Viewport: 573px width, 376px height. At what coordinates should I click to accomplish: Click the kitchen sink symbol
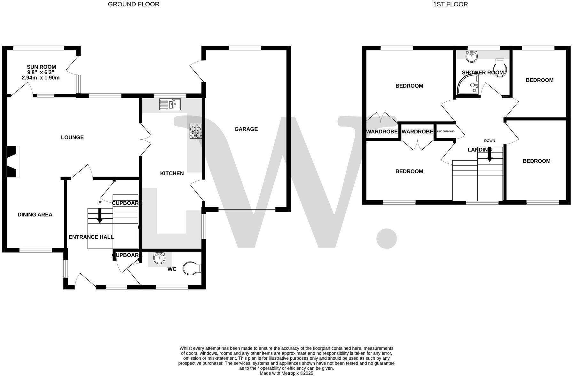pos(170,104)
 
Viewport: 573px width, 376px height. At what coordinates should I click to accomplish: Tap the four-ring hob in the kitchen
pos(196,131)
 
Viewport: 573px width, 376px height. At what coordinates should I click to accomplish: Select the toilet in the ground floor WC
pos(192,268)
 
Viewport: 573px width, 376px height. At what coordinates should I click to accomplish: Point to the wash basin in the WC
pos(159,258)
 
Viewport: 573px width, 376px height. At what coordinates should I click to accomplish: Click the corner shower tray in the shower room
pos(468,84)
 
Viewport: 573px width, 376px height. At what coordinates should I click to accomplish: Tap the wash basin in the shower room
pos(472,57)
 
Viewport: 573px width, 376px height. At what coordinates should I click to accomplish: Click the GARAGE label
pos(246,129)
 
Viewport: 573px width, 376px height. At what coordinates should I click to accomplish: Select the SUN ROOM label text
pos(41,67)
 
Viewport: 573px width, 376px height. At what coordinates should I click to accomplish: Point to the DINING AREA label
pos(35,215)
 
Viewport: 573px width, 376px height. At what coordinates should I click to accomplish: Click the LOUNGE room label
pos(72,137)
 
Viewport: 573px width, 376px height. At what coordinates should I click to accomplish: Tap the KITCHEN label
pos(172,173)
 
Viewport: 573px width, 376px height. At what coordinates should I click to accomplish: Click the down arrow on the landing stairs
pos(490,156)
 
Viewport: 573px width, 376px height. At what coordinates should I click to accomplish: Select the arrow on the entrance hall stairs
pos(100,216)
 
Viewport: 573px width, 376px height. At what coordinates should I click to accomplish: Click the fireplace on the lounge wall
pos(13,161)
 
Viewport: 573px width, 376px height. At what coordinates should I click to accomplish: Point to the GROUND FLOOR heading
pos(133,4)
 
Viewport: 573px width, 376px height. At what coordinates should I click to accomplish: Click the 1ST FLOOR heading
pos(450,4)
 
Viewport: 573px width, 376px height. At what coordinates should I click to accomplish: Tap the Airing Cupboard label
pos(445,131)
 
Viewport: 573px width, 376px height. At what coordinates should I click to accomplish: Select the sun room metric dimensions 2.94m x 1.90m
pos(41,78)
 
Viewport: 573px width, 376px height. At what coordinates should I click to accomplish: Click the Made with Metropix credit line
pos(286,373)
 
